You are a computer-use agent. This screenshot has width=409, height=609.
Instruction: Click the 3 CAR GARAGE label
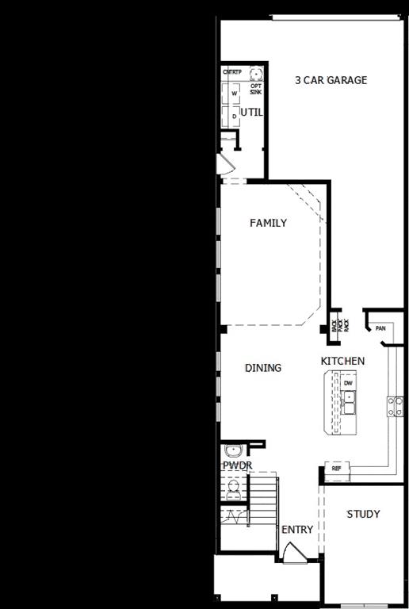pyautogui.click(x=331, y=80)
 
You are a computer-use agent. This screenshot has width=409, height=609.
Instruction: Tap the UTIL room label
pyautogui.click(x=251, y=113)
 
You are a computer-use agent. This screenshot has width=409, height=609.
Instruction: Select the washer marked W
pyautogui.click(x=234, y=94)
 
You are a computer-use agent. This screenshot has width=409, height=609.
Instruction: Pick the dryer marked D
pyautogui.click(x=234, y=115)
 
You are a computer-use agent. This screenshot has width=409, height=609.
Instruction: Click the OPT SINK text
pyautogui.click(x=256, y=89)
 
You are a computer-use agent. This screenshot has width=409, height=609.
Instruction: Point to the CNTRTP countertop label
pyautogui.click(x=231, y=72)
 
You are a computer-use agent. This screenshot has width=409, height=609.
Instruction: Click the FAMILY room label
pyautogui.click(x=268, y=223)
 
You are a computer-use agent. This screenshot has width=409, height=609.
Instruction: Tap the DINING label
pyautogui.click(x=262, y=368)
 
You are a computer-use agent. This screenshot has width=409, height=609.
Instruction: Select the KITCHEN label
pyautogui.click(x=342, y=362)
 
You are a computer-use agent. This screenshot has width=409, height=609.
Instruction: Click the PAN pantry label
pyautogui.click(x=380, y=328)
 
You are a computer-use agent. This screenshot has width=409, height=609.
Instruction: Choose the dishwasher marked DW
pyautogui.click(x=348, y=383)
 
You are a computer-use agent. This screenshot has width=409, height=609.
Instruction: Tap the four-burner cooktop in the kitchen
pyautogui.click(x=394, y=406)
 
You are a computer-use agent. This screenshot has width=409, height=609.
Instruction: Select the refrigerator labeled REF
pyautogui.click(x=336, y=469)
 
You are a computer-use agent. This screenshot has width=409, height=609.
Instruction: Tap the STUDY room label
pyautogui.click(x=363, y=514)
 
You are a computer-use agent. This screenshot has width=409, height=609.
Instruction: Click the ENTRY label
pyautogui.click(x=297, y=530)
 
